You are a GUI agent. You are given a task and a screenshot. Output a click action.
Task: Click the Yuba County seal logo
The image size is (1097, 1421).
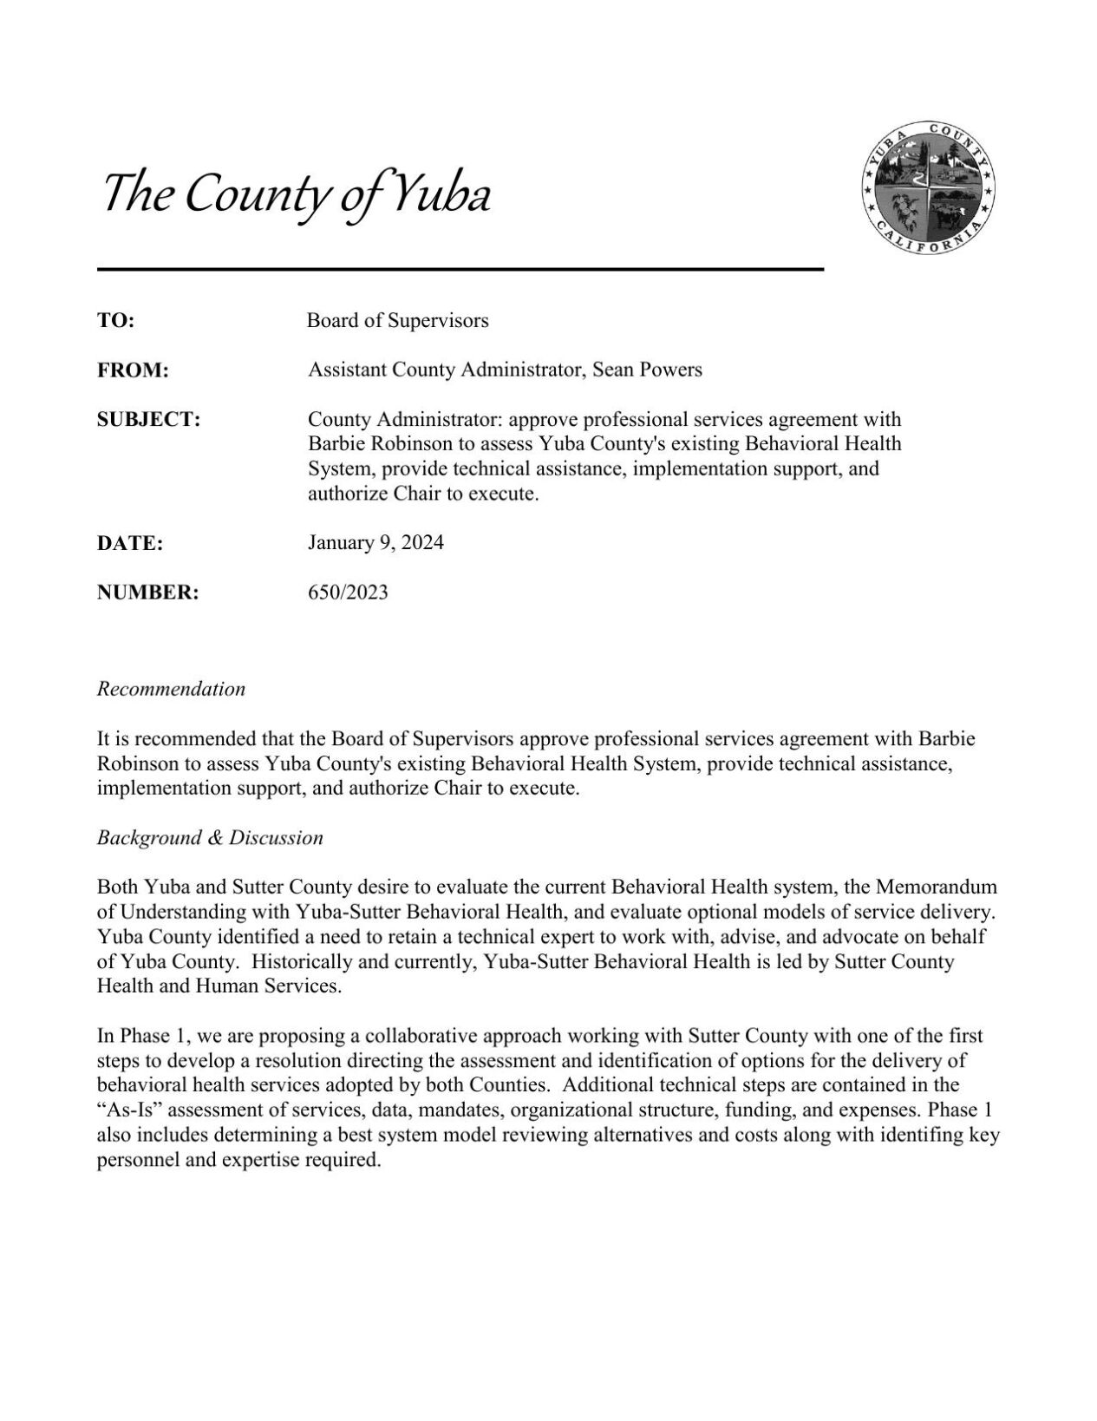928,187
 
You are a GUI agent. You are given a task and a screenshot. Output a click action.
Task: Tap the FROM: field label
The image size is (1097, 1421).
132,370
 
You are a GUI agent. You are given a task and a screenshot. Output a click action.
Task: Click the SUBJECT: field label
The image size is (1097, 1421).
148,420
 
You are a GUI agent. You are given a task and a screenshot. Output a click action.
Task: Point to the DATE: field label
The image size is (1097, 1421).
130,544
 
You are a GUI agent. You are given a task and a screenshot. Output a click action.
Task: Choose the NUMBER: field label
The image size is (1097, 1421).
147,593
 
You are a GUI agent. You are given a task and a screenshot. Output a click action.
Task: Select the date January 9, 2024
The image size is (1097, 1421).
375,543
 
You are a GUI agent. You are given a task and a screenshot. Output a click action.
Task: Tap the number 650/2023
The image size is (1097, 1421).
348,593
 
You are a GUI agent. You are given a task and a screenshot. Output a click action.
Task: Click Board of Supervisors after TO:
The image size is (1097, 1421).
397,321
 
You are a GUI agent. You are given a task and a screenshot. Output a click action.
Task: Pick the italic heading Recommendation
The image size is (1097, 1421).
171,690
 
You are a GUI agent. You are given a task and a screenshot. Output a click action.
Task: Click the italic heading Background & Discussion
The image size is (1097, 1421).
210,838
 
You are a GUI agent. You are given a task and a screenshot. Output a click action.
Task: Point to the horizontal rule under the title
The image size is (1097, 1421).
460,270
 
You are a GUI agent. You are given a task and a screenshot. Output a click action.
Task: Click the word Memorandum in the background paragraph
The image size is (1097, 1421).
936,887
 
